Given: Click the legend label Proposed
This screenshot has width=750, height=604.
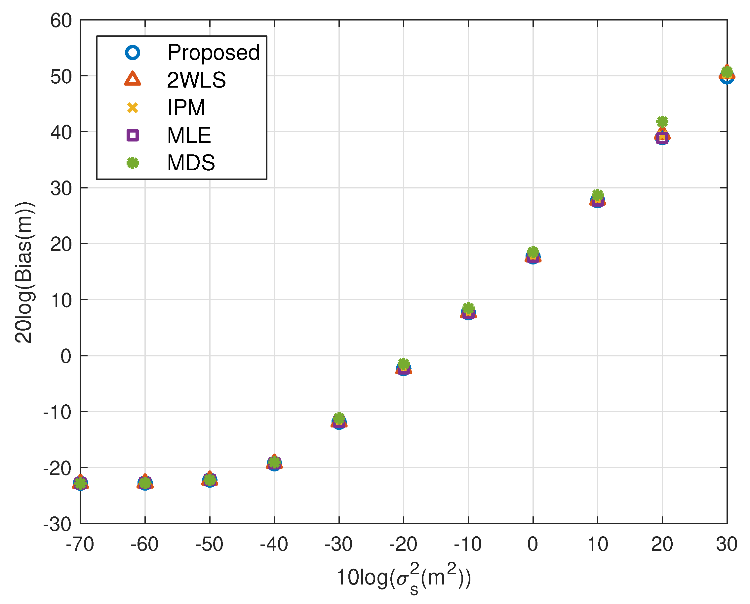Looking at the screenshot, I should coord(213,53).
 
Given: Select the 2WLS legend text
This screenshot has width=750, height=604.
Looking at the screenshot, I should coord(196,80).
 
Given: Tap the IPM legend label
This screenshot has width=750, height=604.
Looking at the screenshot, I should coord(186,107).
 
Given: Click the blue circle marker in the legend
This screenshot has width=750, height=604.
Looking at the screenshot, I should coord(133,53).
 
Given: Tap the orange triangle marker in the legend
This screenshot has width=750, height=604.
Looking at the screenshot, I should coord(133,79).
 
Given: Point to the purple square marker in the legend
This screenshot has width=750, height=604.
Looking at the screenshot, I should coord(133,135).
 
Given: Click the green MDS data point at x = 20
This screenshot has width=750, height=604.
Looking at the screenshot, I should coord(662,122).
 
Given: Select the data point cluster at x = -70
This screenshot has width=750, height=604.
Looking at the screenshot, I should coord(80,483).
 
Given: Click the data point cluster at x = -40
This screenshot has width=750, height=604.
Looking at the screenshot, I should coord(274,463).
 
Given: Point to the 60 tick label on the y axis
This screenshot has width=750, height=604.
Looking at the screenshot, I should coord(61,20).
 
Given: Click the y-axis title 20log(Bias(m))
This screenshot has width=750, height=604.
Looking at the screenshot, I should coord(24,272).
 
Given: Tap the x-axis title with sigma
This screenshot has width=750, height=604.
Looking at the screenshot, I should coord(404,578).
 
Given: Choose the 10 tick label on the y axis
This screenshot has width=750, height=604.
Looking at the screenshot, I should coord(61,300).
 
